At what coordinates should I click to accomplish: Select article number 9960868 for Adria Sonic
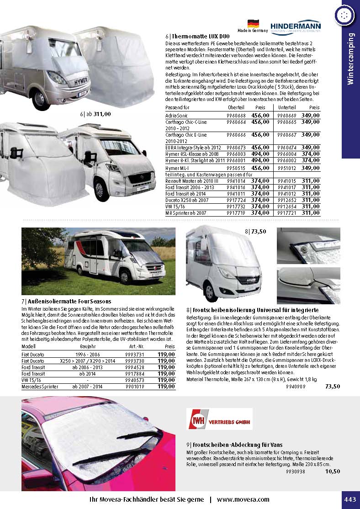pos(236,116)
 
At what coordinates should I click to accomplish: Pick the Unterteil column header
pos(287,107)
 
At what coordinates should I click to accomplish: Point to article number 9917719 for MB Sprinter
pos(236,213)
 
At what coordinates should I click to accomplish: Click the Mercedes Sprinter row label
pos(40,387)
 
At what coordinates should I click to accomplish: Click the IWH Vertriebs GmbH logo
pos(220,419)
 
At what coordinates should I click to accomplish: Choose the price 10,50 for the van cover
pos(332,472)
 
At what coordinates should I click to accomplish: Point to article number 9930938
pos(295,472)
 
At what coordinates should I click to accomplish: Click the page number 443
pos(350,499)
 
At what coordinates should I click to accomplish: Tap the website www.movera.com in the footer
pos(243,499)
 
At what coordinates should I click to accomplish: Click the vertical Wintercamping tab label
pos(350,59)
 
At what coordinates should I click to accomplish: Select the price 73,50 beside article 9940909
pos(332,387)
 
